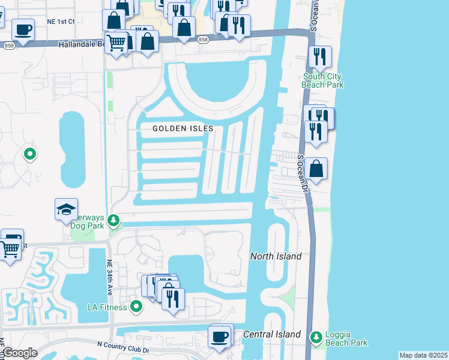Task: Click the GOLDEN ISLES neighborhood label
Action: tap(178, 128)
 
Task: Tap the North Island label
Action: tap(276, 256)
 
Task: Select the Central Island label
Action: tap(272, 334)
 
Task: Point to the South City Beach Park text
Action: tap(323, 80)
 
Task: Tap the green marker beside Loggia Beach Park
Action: tap(316, 337)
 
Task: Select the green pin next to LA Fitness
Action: tap(136, 307)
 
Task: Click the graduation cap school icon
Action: tap(66, 209)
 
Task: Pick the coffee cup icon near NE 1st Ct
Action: tap(23, 29)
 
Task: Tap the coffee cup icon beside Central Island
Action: tap(220, 336)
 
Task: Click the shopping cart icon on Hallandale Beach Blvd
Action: tap(116, 41)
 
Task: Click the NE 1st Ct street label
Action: tap(61, 21)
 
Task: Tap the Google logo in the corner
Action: tap(19, 353)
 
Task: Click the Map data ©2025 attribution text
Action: tap(423, 355)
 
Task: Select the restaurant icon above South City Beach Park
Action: tap(319, 56)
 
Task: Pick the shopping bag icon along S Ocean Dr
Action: tap(316, 169)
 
